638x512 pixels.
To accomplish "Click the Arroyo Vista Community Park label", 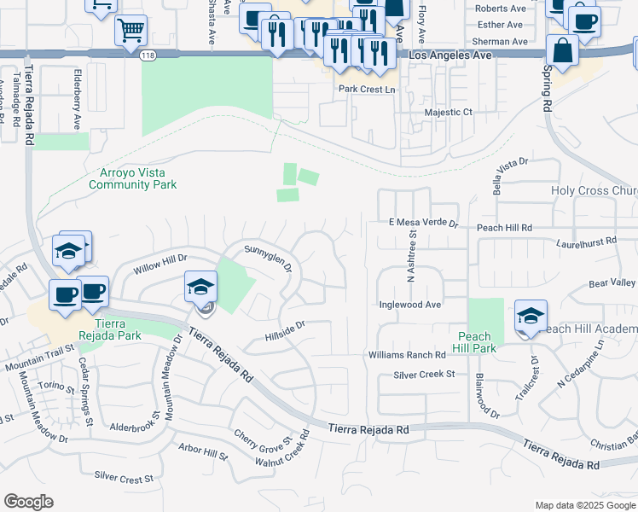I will coord(132,178).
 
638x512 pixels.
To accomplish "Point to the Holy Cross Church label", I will coord(594,191).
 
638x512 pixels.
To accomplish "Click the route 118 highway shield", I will coord(148,55).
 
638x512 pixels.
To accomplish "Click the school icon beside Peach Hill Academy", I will coord(530,317).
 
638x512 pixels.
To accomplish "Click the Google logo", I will coord(29,502).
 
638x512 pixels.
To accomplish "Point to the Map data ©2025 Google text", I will coord(584,505).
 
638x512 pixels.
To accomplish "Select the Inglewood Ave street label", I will coord(409,304).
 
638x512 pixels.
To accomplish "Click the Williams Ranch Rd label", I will coord(407,354).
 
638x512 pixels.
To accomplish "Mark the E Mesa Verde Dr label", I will coord(424,223).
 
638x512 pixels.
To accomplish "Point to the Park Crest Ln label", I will coord(368,89).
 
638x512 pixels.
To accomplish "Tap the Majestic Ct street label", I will coord(448,112).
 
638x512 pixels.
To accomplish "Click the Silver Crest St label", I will coord(124,480).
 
